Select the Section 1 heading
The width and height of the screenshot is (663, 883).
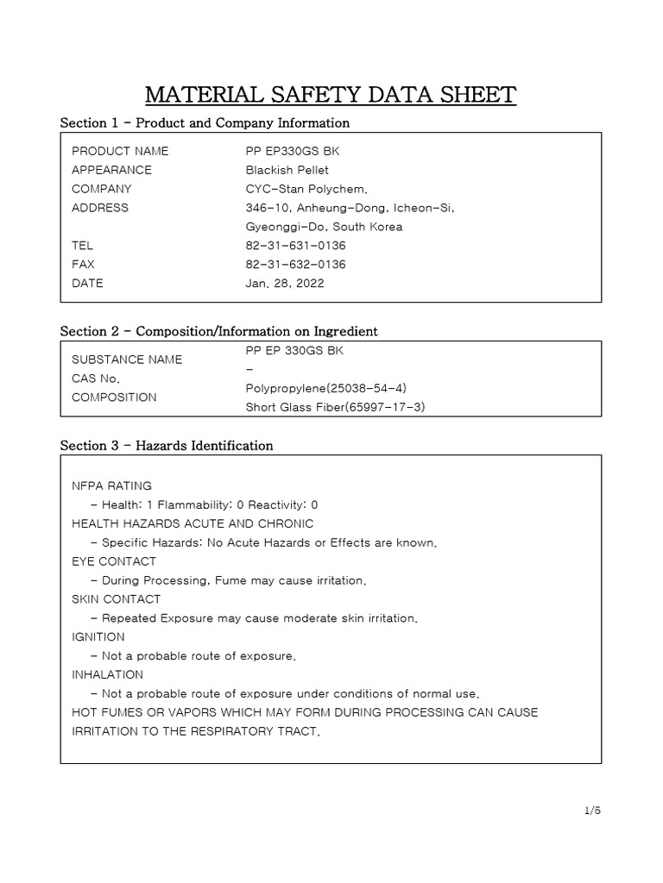tap(205, 123)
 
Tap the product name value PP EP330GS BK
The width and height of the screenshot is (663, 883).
tap(287, 151)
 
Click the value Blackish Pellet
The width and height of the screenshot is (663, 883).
tap(287, 170)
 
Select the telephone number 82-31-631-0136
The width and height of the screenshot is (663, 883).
tap(295, 246)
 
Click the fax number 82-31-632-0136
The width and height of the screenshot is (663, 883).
tap(295, 265)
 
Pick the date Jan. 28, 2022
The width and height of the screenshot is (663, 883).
tap(285, 284)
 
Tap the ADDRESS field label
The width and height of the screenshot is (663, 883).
tap(100, 208)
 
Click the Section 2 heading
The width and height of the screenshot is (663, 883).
tap(218, 331)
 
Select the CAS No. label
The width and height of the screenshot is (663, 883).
tap(96, 379)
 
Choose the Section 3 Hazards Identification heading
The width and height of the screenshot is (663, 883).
tap(167, 446)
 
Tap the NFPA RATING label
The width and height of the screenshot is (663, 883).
tap(111, 485)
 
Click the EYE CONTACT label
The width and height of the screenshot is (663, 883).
tap(114, 561)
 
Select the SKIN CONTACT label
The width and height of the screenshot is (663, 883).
tap(116, 599)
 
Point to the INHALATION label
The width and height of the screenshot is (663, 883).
tap(107, 675)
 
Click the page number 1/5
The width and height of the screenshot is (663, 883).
tap(591, 811)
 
